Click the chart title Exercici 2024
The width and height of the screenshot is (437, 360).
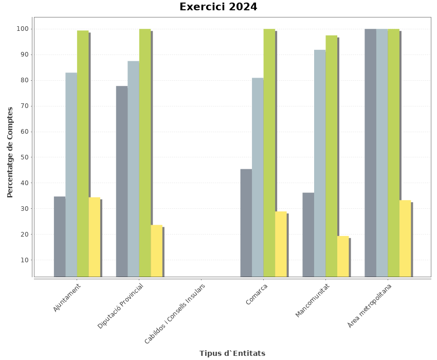[218, 7]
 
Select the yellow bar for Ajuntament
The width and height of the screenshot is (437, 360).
[94, 237]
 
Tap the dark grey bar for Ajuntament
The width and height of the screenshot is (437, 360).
[59, 237]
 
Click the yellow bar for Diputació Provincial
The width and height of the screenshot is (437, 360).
[156, 251]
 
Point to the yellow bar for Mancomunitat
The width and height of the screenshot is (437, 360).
[343, 256]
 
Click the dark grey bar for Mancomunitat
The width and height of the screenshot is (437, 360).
[308, 235]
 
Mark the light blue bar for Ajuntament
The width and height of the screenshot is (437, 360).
[71, 174]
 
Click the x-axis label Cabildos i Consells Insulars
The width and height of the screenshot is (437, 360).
[175, 314]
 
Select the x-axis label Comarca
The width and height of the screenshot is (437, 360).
[257, 294]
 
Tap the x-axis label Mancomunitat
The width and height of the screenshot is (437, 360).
[312, 300]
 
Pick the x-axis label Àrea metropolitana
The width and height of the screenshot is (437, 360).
[369, 305]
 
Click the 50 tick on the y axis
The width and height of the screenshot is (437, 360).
[24, 157]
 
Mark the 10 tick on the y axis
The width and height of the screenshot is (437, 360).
[24, 260]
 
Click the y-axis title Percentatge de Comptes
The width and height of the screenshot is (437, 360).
[10, 152]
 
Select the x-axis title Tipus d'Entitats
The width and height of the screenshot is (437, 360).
[232, 353]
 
